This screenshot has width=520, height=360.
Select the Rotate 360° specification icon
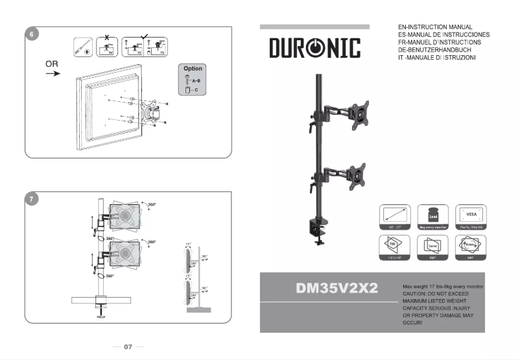point(470,247)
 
